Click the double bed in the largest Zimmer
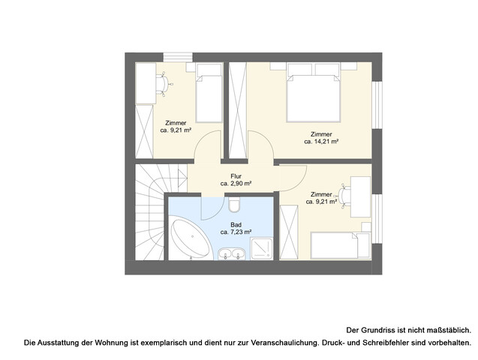coord(314,93)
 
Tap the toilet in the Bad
coord(234,205)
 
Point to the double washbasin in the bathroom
coord(231,256)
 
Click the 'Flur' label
coord(235,175)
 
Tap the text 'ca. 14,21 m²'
coord(321,141)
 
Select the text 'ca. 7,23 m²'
coord(236,232)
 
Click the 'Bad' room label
coord(236,223)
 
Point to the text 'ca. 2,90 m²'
coord(235,183)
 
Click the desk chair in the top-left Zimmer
coord(166,83)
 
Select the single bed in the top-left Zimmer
coord(209,93)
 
